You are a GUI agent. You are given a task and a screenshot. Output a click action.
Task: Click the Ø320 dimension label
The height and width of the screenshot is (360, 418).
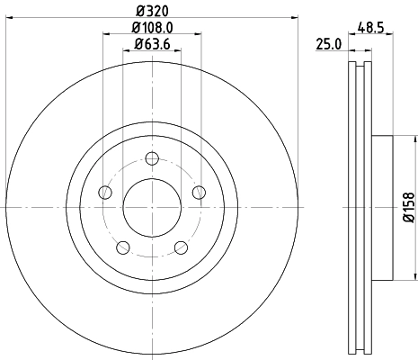[x=150, y=12]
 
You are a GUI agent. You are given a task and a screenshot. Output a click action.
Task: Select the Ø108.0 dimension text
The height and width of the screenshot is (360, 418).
[x=150, y=29]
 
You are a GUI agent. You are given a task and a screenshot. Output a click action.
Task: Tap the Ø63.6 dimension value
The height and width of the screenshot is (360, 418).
[x=150, y=45]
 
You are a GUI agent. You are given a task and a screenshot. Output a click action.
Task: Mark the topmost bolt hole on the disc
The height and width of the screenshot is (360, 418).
[x=151, y=159]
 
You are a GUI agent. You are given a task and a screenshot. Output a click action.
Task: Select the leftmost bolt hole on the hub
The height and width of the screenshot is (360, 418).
[x=105, y=193]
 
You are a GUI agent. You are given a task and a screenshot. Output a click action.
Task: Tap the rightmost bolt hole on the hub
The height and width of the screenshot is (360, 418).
[x=197, y=193]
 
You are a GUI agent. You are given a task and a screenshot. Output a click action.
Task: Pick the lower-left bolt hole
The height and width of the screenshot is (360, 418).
[x=122, y=247]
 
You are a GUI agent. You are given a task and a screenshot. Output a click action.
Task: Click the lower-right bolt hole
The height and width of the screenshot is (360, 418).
[x=180, y=247]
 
